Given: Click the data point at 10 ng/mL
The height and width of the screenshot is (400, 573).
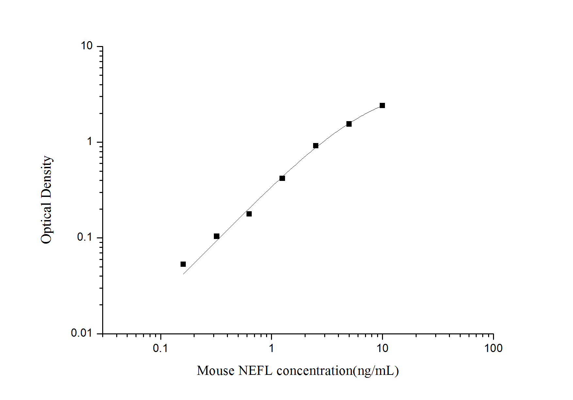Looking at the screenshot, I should pos(382,105).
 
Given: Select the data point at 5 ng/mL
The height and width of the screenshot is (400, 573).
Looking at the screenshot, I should pos(349,124).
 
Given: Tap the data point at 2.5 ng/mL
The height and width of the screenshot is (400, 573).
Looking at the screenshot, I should pos(315,146).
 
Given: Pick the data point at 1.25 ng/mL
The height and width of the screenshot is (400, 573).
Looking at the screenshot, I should pos(282,178).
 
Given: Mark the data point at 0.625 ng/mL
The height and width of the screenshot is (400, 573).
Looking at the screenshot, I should pos(249,214).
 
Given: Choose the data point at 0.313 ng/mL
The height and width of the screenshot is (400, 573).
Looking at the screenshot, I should pos(216,236).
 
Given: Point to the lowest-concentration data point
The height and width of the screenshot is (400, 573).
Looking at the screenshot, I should pos(183,264).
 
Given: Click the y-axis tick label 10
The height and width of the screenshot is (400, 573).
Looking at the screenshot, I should pos(87,46).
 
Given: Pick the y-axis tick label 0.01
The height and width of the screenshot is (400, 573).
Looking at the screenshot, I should pos(82,333).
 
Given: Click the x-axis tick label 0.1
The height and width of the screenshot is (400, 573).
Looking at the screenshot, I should pos(160,348).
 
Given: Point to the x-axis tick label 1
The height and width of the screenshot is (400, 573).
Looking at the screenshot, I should pos(271,348).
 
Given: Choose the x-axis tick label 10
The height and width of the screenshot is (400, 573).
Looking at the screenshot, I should pos(382,348).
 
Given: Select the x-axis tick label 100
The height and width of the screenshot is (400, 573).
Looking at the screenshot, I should pos(493,348).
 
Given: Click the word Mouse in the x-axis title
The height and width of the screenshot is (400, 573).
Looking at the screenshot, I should pos(215,371).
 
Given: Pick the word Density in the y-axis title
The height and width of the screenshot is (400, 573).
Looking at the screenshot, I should pos(46,176).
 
